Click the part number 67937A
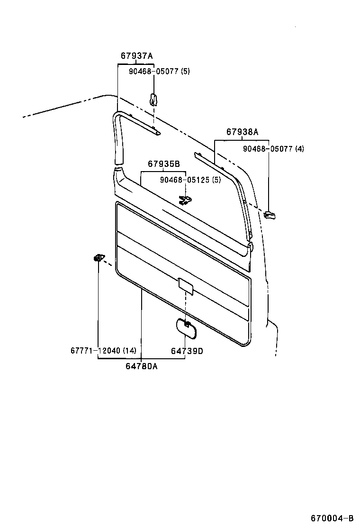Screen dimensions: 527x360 (136, 56)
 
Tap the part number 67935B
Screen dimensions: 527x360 (163, 164)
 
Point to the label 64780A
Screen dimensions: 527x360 (142, 366)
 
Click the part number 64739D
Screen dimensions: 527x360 (187, 351)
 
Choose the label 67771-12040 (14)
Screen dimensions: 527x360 (103, 351)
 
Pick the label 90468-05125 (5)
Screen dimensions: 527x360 (190, 180)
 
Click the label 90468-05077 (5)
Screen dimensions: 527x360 (160, 71)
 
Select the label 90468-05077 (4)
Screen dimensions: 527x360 (273, 149)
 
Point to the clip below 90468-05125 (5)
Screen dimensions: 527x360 (185, 200)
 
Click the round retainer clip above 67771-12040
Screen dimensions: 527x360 (98, 258)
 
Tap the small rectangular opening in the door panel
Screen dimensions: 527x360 (186, 286)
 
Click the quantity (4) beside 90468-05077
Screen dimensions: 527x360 (299, 149)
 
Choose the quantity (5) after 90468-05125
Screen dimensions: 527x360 (216, 180)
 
